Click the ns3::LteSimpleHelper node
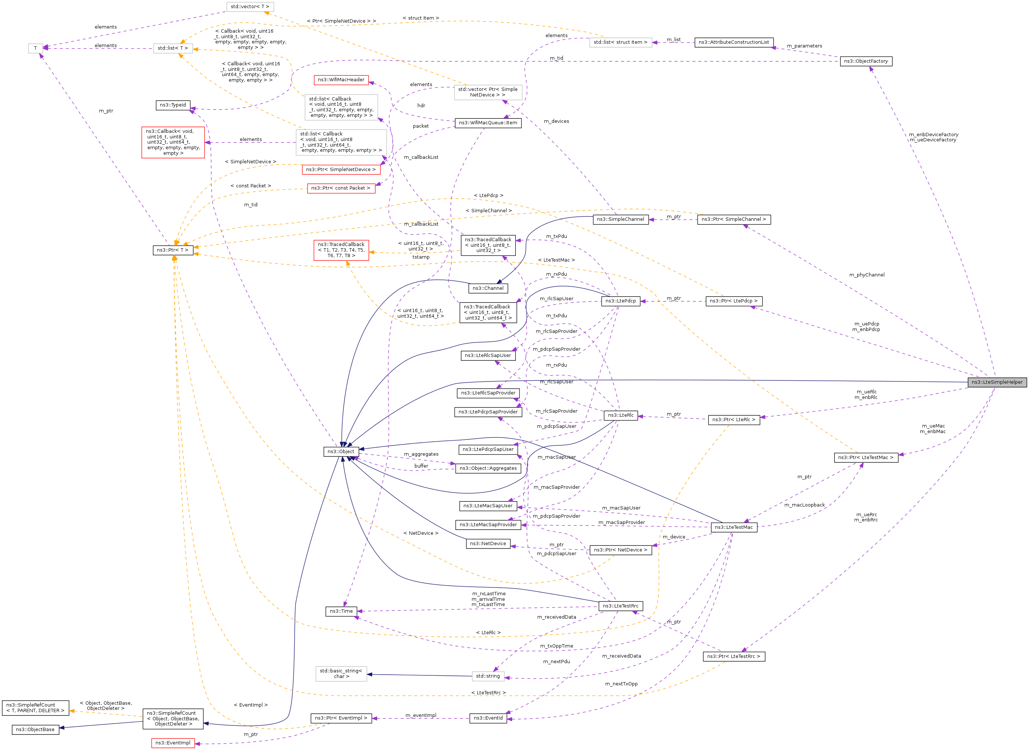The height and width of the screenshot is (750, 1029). [997, 382]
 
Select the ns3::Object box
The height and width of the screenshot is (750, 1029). [340, 452]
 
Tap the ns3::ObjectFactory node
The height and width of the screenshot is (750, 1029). [866, 61]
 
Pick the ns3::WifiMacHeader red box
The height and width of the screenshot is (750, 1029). [341, 80]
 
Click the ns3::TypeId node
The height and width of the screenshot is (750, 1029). [173, 105]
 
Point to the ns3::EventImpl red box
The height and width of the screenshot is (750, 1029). [173, 743]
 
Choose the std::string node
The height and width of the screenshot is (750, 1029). [488, 676]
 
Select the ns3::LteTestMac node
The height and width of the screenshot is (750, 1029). [734, 527]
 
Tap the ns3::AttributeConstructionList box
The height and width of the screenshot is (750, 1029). [734, 42]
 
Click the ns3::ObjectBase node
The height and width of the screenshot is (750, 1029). [35, 730]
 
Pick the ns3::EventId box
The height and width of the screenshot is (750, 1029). [488, 718]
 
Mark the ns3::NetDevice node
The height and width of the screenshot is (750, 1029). [488, 543]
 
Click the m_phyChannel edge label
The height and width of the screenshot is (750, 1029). [866, 275]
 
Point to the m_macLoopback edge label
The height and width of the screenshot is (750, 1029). [804, 505]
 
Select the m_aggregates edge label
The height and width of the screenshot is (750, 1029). [421, 454]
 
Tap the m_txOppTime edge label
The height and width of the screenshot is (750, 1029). [557, 646]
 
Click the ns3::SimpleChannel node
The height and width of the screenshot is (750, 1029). [620, 219]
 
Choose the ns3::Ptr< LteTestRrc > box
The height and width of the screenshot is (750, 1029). [734, 656]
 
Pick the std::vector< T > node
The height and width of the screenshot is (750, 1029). [250, 7]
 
